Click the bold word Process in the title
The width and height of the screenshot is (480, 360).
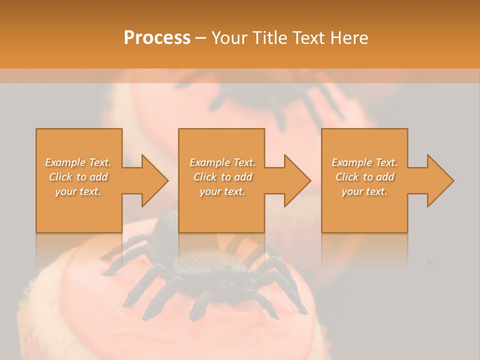click(x=157, y=37)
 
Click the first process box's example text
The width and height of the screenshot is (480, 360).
click(x=78, y=177)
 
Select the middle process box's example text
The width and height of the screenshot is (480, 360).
click(x=222, y=177)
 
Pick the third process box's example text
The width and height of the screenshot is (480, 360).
click(x=364, y=177)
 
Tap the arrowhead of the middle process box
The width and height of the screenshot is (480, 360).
click(x=297, y=180)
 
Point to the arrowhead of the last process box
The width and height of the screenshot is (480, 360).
click(x=439, y=180)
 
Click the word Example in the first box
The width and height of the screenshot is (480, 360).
click(x=64, y=162)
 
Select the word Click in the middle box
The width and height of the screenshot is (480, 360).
click(x=204, y=177)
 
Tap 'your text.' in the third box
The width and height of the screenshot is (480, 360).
click(x=364, y=191)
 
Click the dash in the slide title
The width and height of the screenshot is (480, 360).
click(x=200, y=37)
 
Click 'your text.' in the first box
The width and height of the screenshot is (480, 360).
click(x=78, y=191)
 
